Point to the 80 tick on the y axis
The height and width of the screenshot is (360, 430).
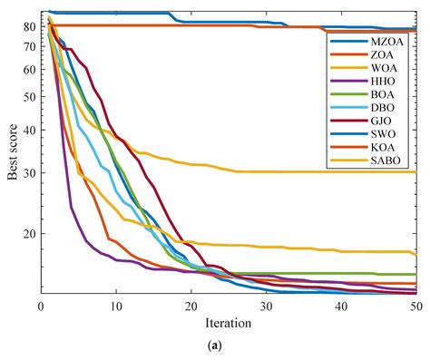click(30, 26)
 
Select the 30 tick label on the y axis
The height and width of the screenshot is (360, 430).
click(30, 173)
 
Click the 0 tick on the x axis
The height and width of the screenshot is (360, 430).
click(41, 306)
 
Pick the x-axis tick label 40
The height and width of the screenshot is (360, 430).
click(341, 306)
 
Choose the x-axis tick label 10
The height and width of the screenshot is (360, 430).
click(116, 306)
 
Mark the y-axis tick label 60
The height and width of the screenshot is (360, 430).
click(30, 69)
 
